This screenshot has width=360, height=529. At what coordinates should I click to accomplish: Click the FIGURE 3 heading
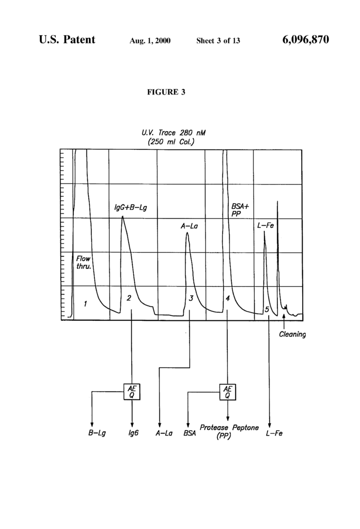point(166,92)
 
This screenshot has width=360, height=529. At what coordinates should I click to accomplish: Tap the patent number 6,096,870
point(305,40)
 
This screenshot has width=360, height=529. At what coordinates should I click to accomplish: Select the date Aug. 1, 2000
point(150,41)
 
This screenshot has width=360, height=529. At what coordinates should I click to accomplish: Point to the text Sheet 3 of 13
point(218,41)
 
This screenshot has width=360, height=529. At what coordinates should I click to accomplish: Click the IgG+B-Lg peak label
point(131,207)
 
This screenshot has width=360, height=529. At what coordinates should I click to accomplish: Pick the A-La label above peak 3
point(189,226)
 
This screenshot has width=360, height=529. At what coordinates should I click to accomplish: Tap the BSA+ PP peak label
point(240,210)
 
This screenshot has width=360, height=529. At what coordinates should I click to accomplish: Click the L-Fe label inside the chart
point(265,225)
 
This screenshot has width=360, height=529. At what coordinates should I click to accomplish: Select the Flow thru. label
point(83,262)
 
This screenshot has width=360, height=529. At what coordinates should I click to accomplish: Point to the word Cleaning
point(292,334)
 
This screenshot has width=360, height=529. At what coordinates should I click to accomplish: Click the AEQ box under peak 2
point(132,392)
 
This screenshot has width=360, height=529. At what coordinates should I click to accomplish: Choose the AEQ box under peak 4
point(228,392)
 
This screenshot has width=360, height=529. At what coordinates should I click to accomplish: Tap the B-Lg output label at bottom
point(97,433)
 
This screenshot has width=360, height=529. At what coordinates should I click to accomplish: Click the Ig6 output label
point(134,433)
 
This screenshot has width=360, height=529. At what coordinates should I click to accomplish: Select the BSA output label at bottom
point(190,433)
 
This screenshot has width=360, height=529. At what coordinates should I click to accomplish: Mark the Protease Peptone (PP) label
point(229,431)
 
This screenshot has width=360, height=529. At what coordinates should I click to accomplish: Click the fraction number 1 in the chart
point(85,304)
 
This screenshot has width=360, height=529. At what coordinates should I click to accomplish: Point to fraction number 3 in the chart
point(191,298)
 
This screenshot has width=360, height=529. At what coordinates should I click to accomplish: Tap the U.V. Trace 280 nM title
point(173,133)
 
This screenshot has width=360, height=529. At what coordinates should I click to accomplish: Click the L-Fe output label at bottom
point(274,433)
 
